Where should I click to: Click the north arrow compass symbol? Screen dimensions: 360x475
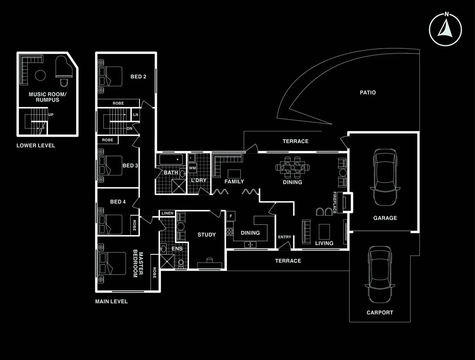point(445,29)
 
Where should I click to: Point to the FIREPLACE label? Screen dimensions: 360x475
point(335,203)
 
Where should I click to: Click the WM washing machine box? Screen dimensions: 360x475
point(192,168)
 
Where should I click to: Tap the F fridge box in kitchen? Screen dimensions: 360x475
point(231,216)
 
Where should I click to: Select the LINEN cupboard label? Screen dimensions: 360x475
point(167,213)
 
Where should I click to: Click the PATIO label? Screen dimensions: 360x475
point(368,93)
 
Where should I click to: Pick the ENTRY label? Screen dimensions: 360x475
point(284,237)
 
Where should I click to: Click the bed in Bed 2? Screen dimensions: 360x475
point(110,77)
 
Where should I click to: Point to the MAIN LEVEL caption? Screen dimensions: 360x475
point(111,301)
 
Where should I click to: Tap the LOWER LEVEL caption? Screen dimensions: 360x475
point(36,146)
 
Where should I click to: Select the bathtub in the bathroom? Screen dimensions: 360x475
point(171,160)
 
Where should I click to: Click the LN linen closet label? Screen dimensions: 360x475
point(136,115)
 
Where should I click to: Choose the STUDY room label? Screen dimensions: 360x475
point(206,235)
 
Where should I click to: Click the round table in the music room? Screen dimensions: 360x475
point(40,75)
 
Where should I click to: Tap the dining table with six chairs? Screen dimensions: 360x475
point(292,166)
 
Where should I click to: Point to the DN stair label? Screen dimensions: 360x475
point(129,128)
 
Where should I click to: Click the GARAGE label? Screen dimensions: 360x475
point(385,218)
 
